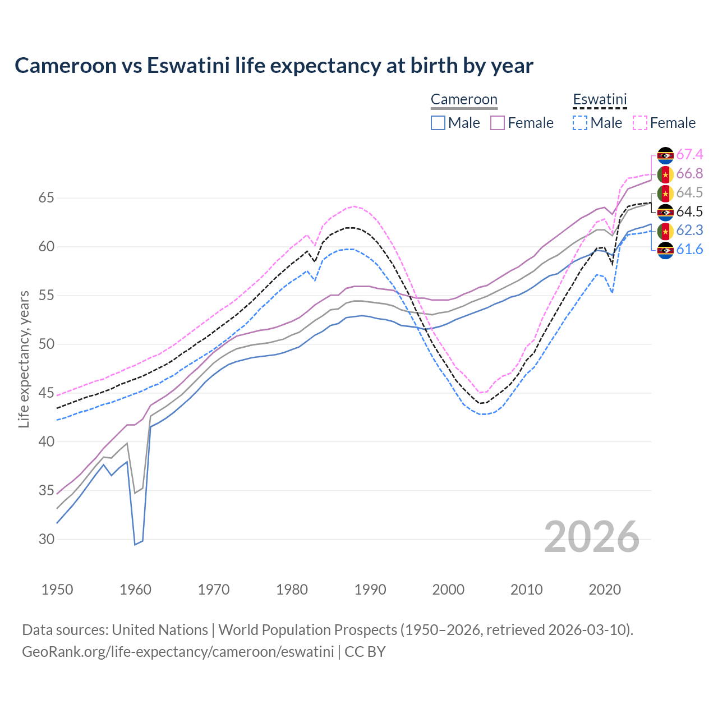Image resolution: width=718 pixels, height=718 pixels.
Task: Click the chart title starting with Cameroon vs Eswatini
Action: point(274,66)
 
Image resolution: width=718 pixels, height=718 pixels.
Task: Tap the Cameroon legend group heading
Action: point(464,100)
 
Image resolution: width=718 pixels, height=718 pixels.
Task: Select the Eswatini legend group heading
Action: point(600,100)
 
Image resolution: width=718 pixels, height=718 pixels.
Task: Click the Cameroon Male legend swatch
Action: point(438,123)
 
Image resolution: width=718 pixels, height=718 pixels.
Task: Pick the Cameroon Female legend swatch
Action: point(498,123)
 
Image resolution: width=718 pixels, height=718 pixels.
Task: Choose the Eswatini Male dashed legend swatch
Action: point(580,123)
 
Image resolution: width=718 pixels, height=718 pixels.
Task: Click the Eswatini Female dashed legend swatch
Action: point(640,123)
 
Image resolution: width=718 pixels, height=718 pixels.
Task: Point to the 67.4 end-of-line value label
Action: point(689,155)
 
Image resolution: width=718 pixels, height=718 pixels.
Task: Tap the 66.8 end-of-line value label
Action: point(689,174)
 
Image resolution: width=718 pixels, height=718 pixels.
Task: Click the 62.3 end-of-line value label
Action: point(689,231)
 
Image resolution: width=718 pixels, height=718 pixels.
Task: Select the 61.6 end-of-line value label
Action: point(689,250)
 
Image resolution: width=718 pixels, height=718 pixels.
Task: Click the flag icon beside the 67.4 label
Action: point(665,155)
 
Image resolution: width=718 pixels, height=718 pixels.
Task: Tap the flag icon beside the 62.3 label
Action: point(665,231)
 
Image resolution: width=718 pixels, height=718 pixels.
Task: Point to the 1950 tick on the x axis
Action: point(57,590)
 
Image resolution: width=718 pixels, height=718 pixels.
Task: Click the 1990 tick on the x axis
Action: point(370,590)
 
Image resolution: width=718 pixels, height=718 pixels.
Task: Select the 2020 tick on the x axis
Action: point(605,590)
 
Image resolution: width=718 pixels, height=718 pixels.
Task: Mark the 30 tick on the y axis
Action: point(47,540)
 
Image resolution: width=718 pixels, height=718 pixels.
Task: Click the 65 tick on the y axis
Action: point(47,198)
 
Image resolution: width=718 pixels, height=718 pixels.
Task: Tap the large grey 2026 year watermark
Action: point(592,537)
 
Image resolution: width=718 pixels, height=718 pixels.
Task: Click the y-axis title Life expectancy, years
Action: point(24,359)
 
